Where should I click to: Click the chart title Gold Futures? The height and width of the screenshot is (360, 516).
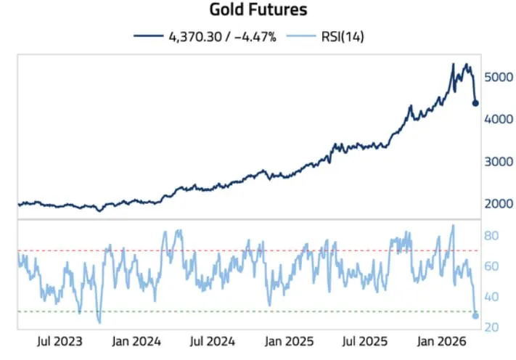point(258,10)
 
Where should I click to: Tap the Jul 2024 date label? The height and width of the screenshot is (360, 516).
point(212,340)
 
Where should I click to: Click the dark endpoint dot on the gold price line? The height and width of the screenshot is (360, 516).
point(475,103)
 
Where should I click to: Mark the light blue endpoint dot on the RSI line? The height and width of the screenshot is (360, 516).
point(475,315)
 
